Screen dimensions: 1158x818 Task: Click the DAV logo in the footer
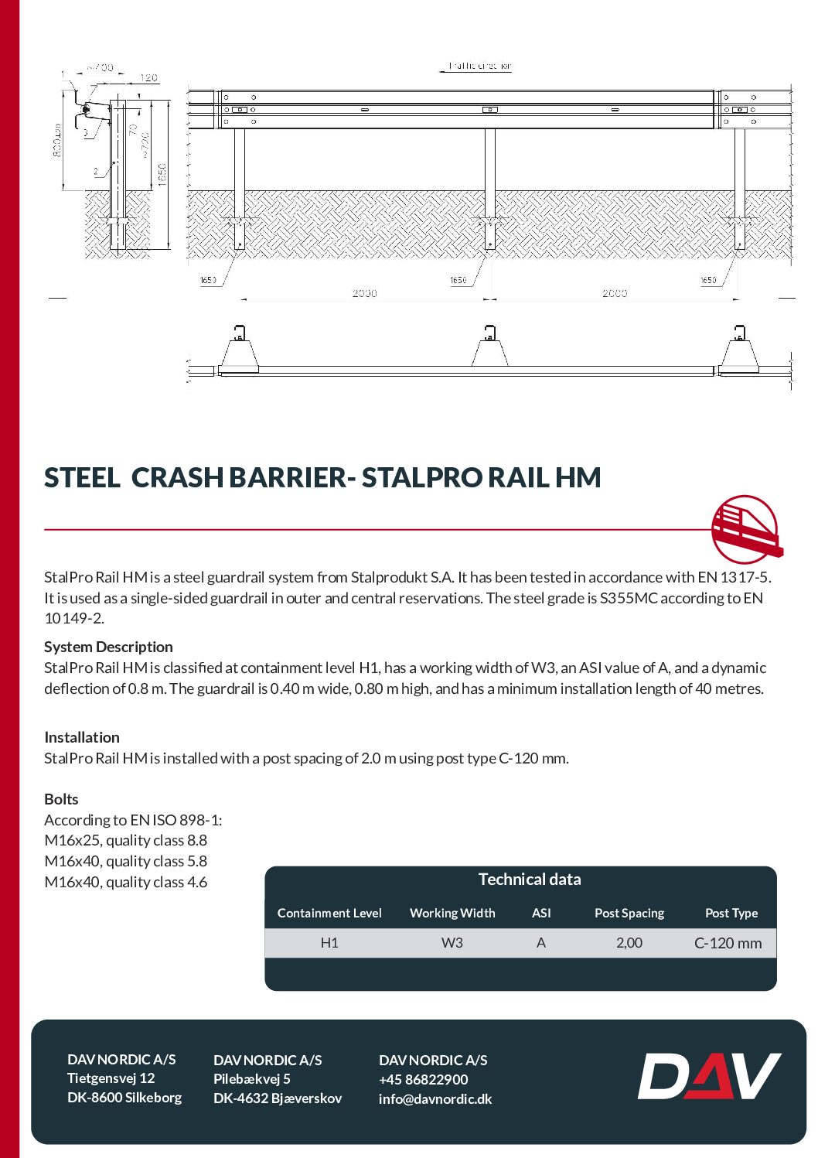(x=708, y=1075)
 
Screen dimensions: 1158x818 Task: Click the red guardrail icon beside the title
(x=745, y=530)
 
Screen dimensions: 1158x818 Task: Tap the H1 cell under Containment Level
(x=329, y=943)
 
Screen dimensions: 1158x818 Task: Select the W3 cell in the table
(x=452, y=943)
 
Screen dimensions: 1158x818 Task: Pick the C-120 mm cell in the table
(x=728, y=943)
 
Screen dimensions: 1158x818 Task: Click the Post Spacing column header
(x=629, y=913)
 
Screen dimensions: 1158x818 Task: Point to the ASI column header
(x=541, y=913)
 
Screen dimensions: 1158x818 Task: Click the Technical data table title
(x=530, y=880)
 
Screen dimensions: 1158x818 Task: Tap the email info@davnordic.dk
(x=435, y=1099)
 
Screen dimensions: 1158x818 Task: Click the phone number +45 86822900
(x=424, y=1080)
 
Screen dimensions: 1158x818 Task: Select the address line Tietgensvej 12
(x=111, y=1078)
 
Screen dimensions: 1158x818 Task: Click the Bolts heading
(x=62, y=799)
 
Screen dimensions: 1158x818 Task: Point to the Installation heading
(x=82, y=737)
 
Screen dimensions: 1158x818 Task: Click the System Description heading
(x=108, y=647)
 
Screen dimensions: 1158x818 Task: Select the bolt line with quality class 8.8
(x=126, y=840)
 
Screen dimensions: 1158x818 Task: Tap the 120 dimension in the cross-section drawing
(x=148, y=78)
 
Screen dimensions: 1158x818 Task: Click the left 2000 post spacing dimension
(x=365, y=293)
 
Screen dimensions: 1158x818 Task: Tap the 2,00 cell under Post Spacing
(x=629, y=943)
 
